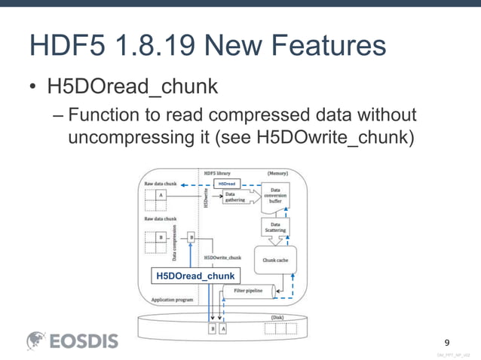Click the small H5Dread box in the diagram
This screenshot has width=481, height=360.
coord(226,183)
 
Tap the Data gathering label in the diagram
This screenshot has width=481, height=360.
coord(240,196)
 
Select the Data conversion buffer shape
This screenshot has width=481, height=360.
coord(275,198)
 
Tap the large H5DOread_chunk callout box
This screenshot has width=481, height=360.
coord(195,276)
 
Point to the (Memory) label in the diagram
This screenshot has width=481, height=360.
coord(280,172)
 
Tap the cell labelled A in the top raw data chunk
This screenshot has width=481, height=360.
coord(161,194)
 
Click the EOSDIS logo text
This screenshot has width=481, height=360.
coord(84,340)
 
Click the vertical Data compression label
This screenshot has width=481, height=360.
coord(176,243)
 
